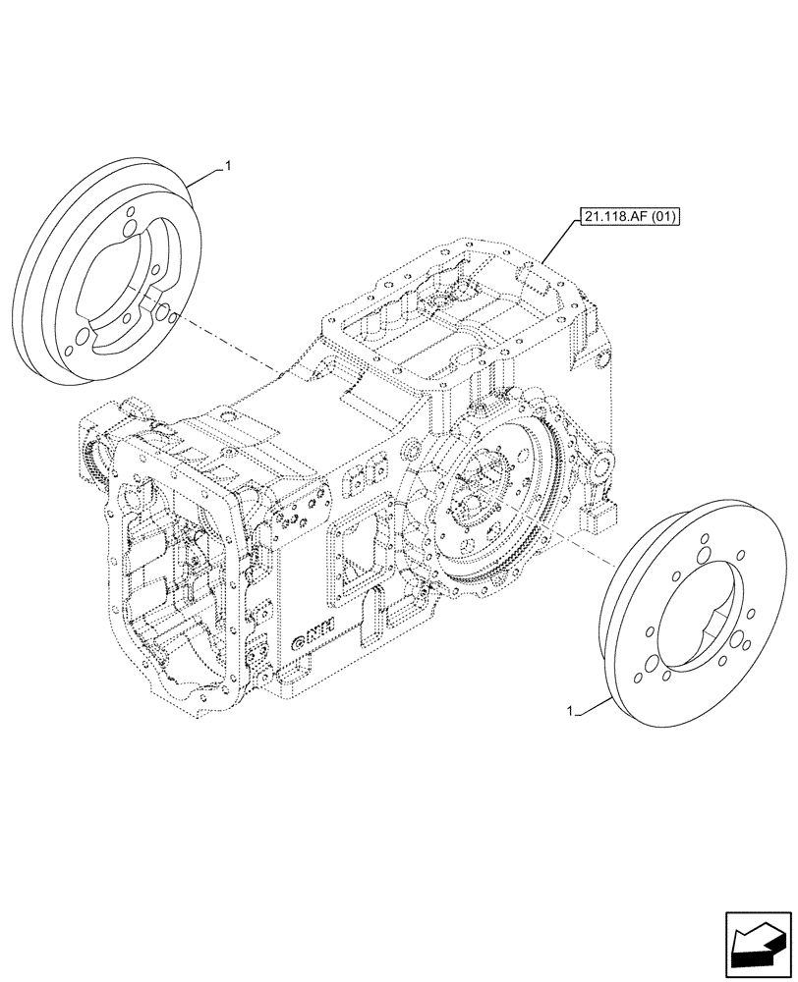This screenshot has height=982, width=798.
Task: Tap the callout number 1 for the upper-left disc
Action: pos(228,168)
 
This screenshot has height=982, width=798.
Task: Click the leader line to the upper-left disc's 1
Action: pos(202,177)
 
